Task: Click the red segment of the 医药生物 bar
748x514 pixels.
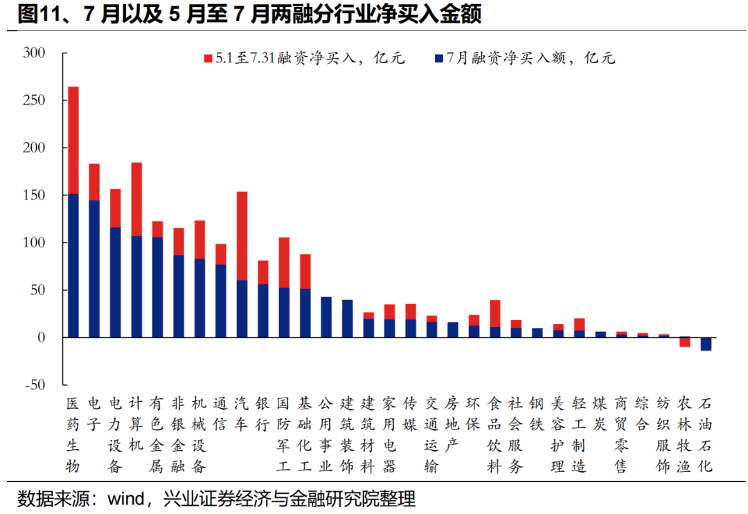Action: click(x=73, y=140)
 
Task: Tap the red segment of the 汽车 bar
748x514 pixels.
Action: click(x=242, y=236)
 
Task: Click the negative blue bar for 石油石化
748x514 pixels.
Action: click(x=706, y=344)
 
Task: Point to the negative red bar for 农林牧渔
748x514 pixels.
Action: click(x=684, y=342)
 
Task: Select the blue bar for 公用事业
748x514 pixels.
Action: click(x=326, y=317)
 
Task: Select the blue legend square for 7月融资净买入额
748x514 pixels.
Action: click(x=438, y=59)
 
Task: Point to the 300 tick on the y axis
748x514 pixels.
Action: click(x=34, y=53)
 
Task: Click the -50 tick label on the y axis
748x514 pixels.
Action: click(x=34, y=384)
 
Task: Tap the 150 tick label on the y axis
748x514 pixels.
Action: click(x=34, y=195)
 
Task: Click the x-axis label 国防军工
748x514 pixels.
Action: click(x=283, y=435)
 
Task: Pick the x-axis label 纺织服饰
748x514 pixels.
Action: click(x=664, y=435)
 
